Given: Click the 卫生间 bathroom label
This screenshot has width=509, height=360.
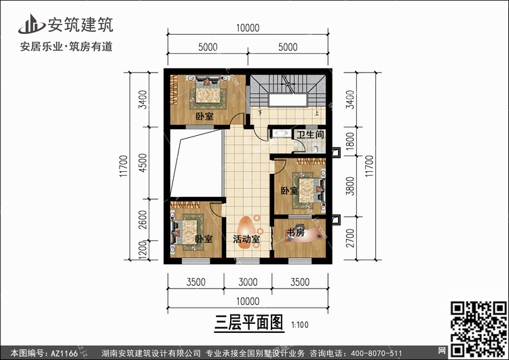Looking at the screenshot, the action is pyautogui.click(x=310, y=134).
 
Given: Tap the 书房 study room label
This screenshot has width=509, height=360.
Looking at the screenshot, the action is pyautogui.click(x=296, y=232).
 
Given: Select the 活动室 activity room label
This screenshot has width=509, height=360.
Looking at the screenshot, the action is pyautogui.click(x=246, y=240).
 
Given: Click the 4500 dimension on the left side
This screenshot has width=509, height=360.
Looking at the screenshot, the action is pyautogui.click(x=143, y=163).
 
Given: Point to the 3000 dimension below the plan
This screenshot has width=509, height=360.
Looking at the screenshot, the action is pyautogui.click(x=248, y=282).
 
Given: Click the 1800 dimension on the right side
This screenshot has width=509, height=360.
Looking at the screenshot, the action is pyautogui.click(x=350, y=141).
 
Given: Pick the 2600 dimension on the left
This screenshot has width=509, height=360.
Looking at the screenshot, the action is pyautogui.click(x=143, y=219).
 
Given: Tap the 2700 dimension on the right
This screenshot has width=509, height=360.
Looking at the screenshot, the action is pyautogui.click(x=350, y=238).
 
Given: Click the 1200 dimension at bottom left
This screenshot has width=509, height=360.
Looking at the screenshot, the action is pyautogui.click(x=143, y=251).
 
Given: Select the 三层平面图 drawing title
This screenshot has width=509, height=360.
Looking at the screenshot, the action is pyautogui.click(x=249, y=323).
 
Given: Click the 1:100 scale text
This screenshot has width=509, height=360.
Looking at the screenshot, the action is pyautogui.click(x=300, y=325).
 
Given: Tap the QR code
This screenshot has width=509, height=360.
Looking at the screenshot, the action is pyautogui.click(x=478, y=329).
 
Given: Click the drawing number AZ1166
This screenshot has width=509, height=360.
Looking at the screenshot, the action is pyautogui.click(x=64, y=353).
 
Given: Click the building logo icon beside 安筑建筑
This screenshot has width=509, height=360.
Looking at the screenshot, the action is pyautogui.click(x=31, y=24).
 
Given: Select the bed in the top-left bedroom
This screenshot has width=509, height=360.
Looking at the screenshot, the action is pyautogui.click(x=208, y=92).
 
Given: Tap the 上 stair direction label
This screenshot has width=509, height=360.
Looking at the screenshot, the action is pyautogui.click(x=316, y=113).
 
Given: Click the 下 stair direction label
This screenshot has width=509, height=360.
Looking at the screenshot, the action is pyautogui.click(x=260, y=113).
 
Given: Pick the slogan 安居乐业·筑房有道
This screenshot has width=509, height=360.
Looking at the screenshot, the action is pyautogui.click(x=67, y=46).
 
